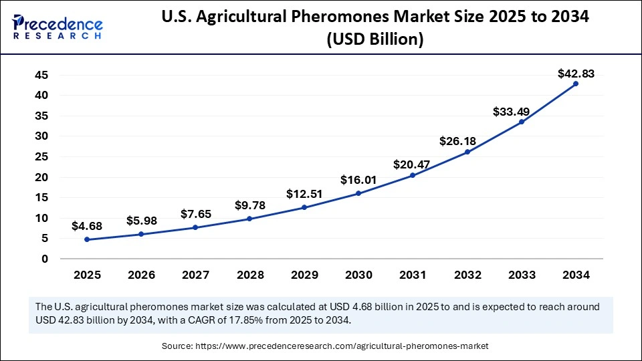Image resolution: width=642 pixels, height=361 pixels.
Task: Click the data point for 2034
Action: [575, 84]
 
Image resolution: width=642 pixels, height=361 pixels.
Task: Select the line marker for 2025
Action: [87, 239]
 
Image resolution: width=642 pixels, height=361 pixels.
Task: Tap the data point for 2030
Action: [358, 193]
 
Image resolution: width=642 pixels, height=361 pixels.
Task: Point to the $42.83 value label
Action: [576, 74]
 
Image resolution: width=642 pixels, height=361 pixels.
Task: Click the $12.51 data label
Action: [304, 194]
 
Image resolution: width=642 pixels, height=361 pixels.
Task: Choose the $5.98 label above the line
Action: [142, 221]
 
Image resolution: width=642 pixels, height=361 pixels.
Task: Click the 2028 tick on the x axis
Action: [250, 274]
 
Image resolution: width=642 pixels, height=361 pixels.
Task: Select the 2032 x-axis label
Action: [467, 274]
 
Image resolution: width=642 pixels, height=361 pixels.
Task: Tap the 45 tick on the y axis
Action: [41, 75]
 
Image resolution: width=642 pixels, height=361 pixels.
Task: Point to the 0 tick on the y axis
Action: [44, 259]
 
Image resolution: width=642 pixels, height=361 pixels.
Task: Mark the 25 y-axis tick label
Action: [41, 156]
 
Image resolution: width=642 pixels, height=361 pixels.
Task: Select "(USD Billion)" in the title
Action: [374, 39]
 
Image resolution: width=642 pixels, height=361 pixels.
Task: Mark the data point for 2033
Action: [521, 122]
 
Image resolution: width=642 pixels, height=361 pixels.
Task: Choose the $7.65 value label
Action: [196, 214]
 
